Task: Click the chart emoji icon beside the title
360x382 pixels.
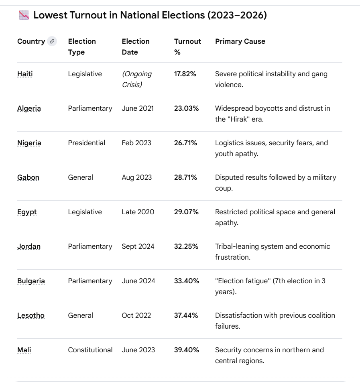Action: [x=24, y=16]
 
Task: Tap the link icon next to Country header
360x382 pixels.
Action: [x=52, y=41]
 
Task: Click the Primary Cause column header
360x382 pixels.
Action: [x=240, y=41]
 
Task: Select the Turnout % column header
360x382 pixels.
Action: [x=187, y=47]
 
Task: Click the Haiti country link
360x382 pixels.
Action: [x=25, y=74]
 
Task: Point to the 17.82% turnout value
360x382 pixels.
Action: [x=185, y=74]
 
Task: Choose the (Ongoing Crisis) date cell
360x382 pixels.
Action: [x=136, y=79]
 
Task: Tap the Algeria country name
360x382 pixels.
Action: [x=29, y=108]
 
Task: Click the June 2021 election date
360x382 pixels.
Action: [x=138, y=108]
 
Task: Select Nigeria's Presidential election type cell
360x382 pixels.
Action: [x=87, y=143]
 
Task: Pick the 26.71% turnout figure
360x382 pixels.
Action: [x=185, y=143]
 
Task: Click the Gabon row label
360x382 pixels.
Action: [x=28, y=177]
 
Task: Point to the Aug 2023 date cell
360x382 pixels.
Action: [x=137, y=177]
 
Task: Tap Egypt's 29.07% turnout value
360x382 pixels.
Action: [x=186, y=212]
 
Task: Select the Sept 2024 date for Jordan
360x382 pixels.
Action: [x=138, y=246]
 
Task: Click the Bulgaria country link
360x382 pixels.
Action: [x=31, y=281]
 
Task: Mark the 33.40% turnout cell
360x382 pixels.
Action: [x=187, y=281]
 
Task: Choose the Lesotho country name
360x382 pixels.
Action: [x=31, y=315]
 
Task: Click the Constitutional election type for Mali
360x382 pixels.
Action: [x=90, y=350]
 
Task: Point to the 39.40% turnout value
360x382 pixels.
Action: [x=187, y=350]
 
